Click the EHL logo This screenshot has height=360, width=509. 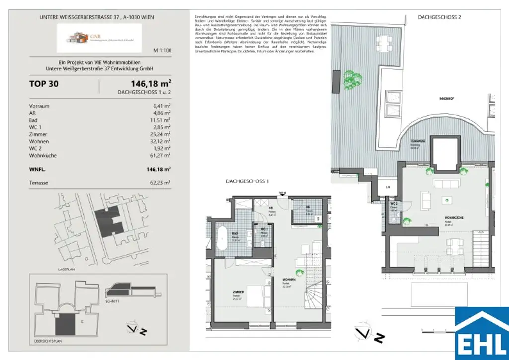(x=482, y=333)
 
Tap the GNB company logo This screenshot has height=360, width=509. (x=98, y=38)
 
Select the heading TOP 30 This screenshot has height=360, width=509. (x=44, y=84)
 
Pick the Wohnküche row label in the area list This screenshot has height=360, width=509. (x=43, y=156)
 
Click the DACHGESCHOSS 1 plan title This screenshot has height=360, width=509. (x=247, y=182)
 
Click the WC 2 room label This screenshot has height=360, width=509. (x=393, y=204)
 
